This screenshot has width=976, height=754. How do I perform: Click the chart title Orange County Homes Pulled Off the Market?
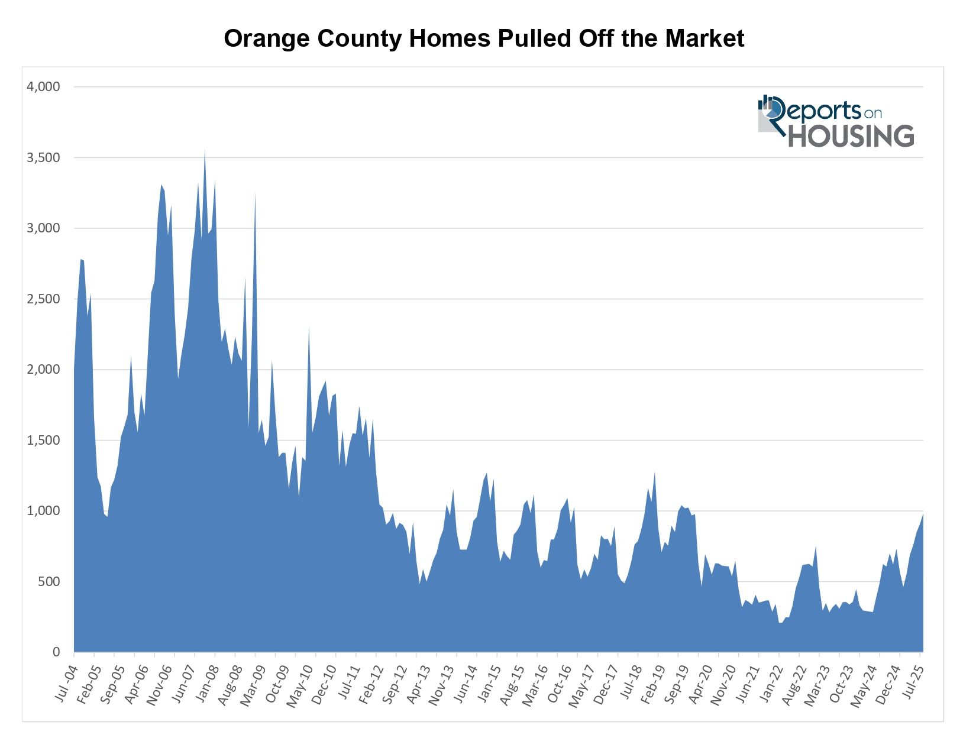(484, 39)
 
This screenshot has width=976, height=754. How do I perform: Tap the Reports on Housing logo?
(835, 121)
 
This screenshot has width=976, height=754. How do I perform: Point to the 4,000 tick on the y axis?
(43, 87)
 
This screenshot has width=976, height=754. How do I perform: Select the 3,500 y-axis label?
(43, 158)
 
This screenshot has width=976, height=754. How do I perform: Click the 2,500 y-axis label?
(43, 299)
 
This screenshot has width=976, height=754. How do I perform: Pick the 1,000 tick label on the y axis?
(43, 511)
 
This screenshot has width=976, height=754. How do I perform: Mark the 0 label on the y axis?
(56, 652)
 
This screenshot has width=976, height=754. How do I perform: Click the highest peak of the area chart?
(205, 151)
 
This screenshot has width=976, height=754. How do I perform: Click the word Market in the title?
(704, 39)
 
